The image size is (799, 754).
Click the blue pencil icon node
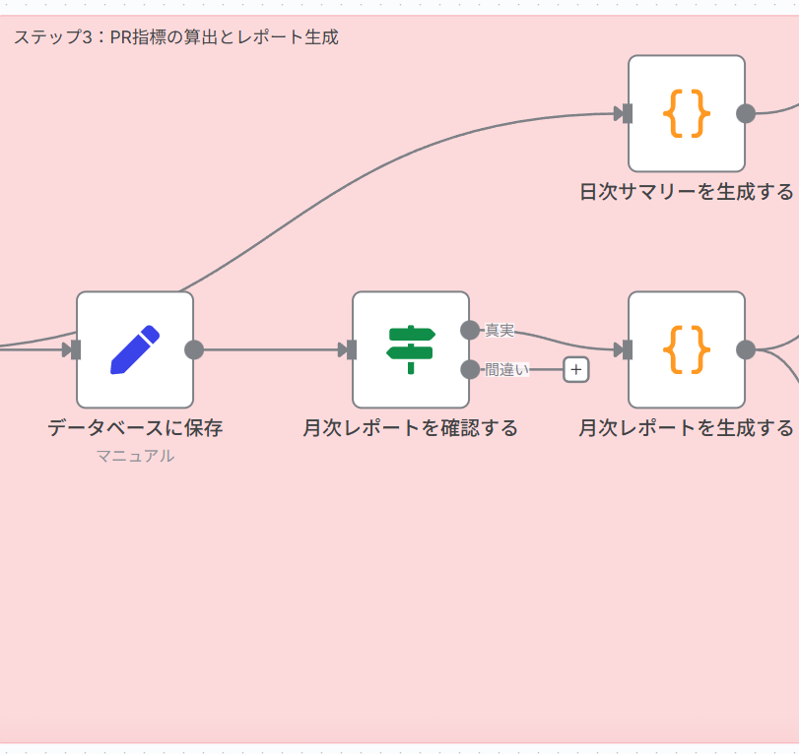click(x=135, y=349)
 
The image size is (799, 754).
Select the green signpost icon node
click(x=410, y=349)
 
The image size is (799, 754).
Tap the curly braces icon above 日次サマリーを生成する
click(x=686, y=113)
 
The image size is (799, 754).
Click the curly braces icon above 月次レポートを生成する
click(x=686, y=349)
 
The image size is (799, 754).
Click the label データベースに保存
click(x=135, y=428)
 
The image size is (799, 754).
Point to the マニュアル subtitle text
click(x=135, y=456)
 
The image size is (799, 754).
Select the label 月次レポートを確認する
click(x=410, y=428)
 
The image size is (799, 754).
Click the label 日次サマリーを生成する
click(x=686, y=192)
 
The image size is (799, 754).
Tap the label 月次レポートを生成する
click(x=686, y=428)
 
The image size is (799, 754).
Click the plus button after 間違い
click(x=576, y=370)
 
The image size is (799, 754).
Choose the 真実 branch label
click(x=499, y=330)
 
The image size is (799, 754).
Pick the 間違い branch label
click(x=506, y=370)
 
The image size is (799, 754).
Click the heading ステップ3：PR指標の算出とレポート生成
click(x=176, y=37)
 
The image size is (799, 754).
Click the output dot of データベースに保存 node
click(x=194, y=349)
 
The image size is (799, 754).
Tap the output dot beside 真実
click(x=470, y=330)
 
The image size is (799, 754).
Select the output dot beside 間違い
click(x=470, y=369)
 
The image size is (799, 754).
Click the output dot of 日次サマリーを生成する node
click(x=746, y=113)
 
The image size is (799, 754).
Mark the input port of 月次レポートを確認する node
click(x=351, y=349)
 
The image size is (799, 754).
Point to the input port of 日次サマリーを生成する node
click(x=627, y=113)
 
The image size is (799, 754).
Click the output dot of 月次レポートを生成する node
click(x=746, y=349)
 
